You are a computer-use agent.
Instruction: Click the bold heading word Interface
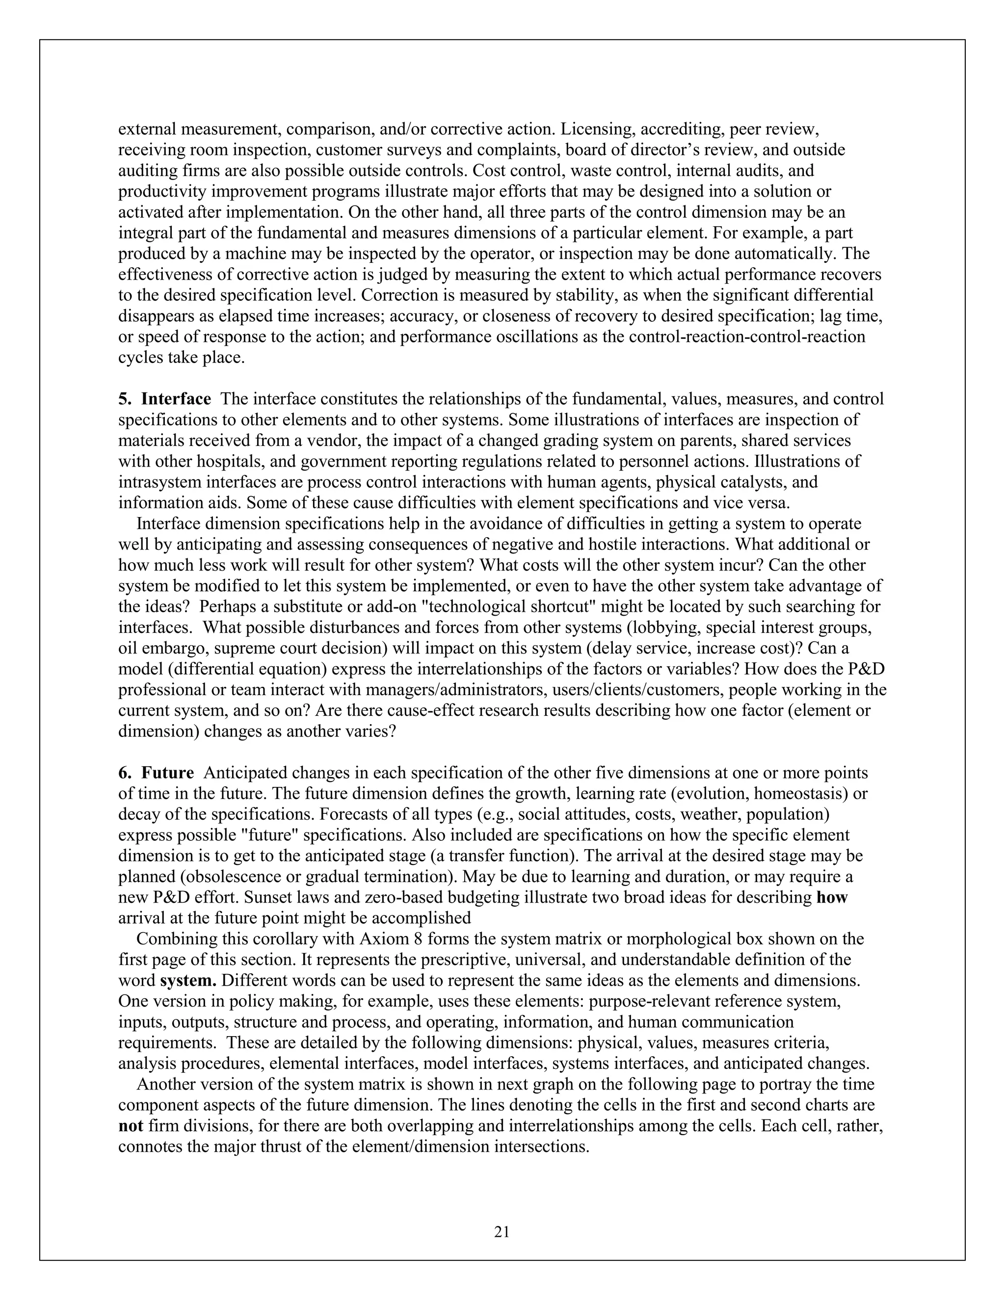tap(176, 399)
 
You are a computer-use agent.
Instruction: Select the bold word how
tap(832, 898)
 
